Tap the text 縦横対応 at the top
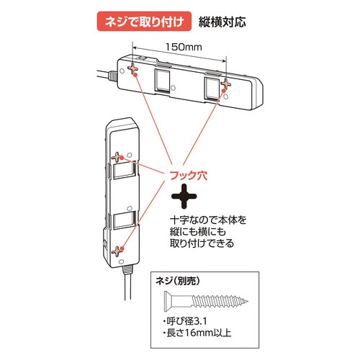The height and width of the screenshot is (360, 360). tap(221, 21)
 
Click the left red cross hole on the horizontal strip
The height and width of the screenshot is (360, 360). tap(134, 68)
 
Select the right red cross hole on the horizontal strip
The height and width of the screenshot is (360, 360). tap(225, 85)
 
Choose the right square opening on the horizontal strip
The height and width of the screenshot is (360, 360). tap(212, 88)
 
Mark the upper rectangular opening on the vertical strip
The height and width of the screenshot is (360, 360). tap(124, 173)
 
